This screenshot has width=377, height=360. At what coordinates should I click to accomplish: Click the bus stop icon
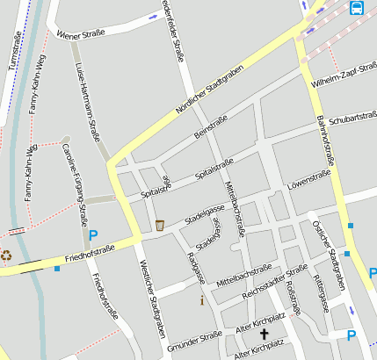point(357,9)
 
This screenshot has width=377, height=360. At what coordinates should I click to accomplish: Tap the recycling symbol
point(6,256)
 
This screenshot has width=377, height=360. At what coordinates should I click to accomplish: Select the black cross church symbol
point(263,334)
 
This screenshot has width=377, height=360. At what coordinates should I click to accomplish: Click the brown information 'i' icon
point(202,300)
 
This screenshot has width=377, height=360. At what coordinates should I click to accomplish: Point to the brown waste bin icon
point(159,226)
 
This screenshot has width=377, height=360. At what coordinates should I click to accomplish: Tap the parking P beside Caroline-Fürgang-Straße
point(93,235)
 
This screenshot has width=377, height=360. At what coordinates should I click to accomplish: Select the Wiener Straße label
point(80,34)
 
